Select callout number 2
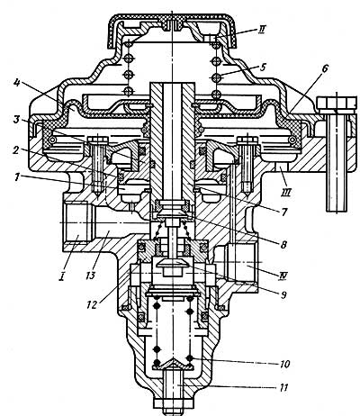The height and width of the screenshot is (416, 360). coord(15,149)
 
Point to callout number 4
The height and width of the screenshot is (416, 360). coord(17,82)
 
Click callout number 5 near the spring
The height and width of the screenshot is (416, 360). coord(263,67)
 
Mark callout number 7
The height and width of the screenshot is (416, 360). coord(283,212)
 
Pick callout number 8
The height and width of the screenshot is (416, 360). coord(283,244)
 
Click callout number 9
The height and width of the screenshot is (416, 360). coord(283,294)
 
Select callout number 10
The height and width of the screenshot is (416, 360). coord(284,364)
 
